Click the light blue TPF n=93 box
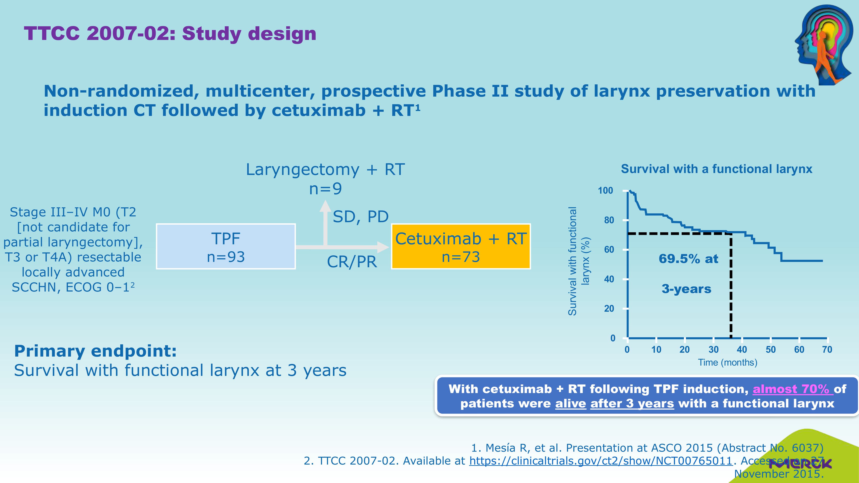[226, 246]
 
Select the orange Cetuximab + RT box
[461, 246]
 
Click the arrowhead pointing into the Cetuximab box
[383, 247]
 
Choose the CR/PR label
[352, 262]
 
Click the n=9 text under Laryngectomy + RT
[325, 189]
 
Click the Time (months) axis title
[728, 363]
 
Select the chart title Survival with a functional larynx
[716, 169]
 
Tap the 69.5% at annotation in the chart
[688, 259]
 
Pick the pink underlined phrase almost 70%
[791, 389]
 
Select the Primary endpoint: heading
[95, 351]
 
